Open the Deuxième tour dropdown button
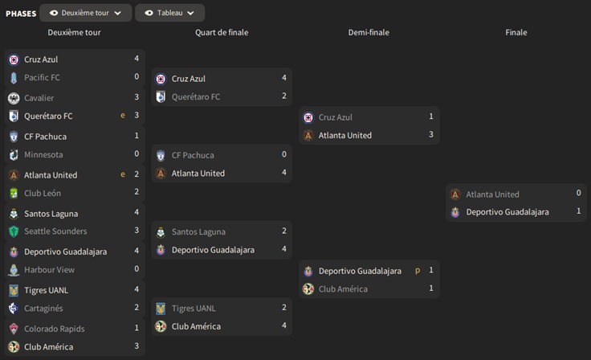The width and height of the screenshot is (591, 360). pyautogui.click(x=85, y=13)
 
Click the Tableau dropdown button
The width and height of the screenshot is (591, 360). pyautogui.click(x=169, y=13)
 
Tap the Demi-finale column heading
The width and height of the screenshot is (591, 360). pyautogui.click(x=369, y=33)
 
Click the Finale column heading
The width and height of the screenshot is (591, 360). pyautogui.click(x=516, y=33)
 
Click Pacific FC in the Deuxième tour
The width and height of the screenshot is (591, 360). pyautogui.click(x=42, y=78)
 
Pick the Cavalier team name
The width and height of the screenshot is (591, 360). pyautogui.click(x=39, y=98)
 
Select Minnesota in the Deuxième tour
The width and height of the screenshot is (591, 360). pyautogui.click(x=43, y=155)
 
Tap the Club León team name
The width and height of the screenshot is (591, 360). pyautogui.click(x=43, y=194)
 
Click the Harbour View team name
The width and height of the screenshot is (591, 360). pyautogui.click(x=48, y=270)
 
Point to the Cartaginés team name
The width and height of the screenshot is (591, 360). pyautogui.click(x=43, y=309)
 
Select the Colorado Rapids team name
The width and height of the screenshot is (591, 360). pyautogui.click(x=54, y=329)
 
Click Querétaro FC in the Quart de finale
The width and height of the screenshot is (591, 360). pyautogui.click(x=196, y=97)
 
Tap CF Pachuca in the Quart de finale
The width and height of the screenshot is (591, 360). pyautogui.click(x=193, y=155)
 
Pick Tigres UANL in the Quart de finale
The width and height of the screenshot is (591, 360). pyautogui.click(x=194, y=309)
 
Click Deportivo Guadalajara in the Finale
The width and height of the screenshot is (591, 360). pyautogui.click(x=507, y=212)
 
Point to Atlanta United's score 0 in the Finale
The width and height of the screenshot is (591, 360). pyautogui.click(x=578, y=194)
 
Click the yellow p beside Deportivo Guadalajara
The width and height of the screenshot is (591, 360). pyautogui.click(x=418, y=271)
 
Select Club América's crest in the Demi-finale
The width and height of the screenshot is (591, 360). pyautogui.click(x=308, y=289)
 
